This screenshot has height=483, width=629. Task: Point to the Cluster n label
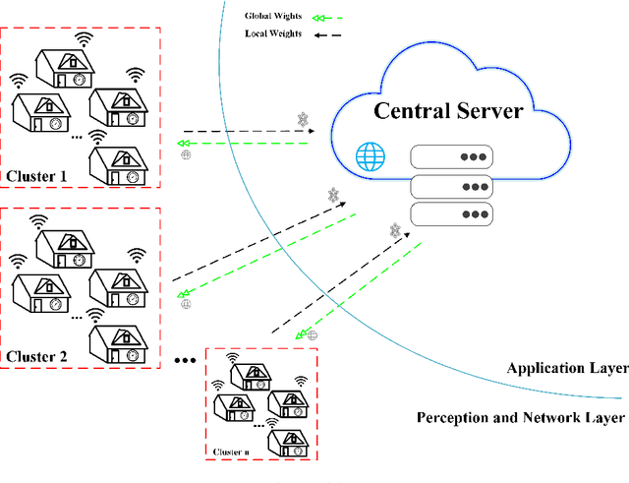click(x=232, y=453)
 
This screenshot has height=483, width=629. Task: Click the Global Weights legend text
click(x=272, y=17)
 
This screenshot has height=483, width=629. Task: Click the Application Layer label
click(x=566, y=368)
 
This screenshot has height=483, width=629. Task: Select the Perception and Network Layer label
click(x=520, y=417)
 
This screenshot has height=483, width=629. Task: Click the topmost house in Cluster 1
click(x=65, y=70)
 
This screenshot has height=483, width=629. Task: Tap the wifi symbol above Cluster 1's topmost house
click(x=86, y=39)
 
